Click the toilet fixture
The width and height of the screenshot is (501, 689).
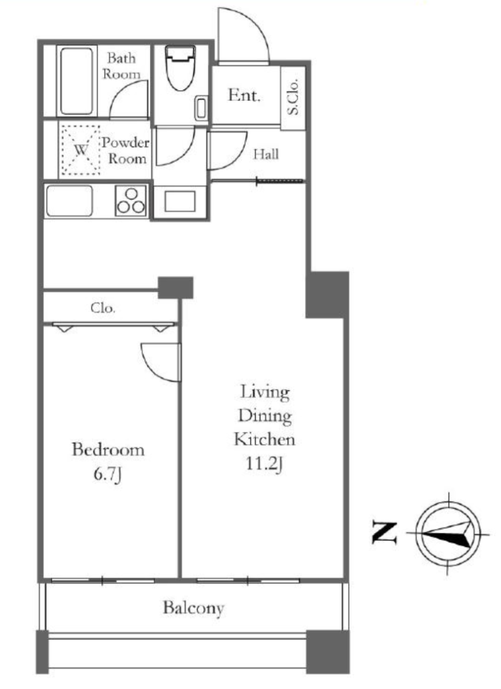tap(180, 67)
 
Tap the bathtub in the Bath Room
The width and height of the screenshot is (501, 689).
tap(77, 81)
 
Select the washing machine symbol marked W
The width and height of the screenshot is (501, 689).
tap(81, 150)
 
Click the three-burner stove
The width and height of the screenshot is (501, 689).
tap(131, 201)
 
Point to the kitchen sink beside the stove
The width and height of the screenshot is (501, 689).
tap(69, 201)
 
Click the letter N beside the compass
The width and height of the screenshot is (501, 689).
tap(385, 532)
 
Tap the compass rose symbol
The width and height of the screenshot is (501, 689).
tap(448, 534)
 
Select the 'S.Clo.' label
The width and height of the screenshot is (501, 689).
tap(293, 97)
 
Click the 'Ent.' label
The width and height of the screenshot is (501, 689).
tap(244, 95)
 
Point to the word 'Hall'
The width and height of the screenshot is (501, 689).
tap(266, 154)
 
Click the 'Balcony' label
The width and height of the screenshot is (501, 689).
tap(193, 608)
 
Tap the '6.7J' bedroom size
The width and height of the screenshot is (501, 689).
tap(108, 474)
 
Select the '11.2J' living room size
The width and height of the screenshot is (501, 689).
tap(263, 464)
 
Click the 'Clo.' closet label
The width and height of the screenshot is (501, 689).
tap(103, 308)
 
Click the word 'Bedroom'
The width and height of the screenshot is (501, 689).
tap(108, 450)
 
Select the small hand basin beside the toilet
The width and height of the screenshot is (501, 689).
tap(201, 107)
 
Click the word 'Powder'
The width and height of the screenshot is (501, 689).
tap(126, 143)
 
